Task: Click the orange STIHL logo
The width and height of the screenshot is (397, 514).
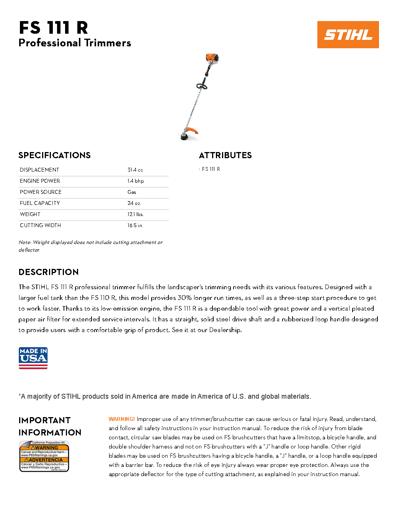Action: tap(348, 34)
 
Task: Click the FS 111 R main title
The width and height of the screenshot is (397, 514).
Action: tap(54, 28)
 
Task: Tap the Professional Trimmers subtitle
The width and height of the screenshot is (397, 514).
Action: tap(75, 43)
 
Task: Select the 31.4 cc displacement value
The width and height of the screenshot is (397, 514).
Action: tap(135, 170)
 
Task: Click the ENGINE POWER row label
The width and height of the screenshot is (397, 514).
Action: tap(40, 181)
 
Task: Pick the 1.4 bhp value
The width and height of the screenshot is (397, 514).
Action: tap(136, 181)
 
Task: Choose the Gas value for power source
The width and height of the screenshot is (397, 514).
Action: tap(132, 192)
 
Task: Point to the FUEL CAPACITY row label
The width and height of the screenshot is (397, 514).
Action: tap(40, 203)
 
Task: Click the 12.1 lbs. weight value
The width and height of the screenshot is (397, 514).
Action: tap(136, 214)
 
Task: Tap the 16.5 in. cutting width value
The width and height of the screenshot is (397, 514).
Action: tap(135, 225)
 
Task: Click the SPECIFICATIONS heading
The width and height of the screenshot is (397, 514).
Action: tap(54, 155)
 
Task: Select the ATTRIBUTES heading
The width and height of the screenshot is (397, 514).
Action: tap(225, 155)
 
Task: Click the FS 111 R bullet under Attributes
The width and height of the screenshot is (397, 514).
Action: tap(211, 169)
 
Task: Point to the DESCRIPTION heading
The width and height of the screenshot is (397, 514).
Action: tap(49, 272)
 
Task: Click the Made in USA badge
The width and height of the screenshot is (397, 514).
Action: tap(33, 358)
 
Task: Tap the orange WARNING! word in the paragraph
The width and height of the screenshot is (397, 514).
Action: tap(121, 419)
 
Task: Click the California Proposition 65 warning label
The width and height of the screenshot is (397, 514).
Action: tap(44, 456)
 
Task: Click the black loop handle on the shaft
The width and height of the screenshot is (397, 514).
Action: tap(202, 86)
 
